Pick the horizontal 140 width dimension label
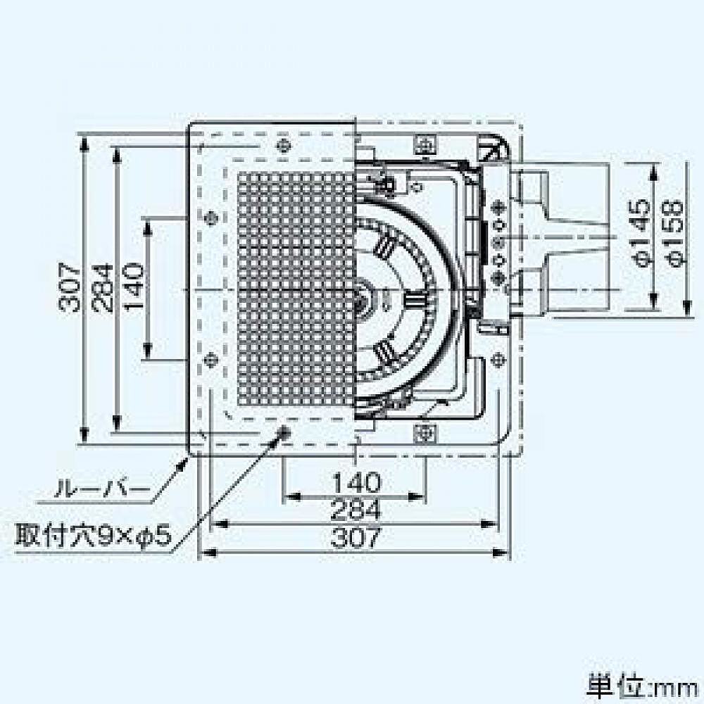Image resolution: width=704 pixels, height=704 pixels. point(356,483)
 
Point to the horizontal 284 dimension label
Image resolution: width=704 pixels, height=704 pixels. point(356,509)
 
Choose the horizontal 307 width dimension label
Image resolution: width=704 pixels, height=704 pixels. point(356,538)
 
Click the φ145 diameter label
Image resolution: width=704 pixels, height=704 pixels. point(642,233)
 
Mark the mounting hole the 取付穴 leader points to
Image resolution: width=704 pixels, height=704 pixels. point(284,433)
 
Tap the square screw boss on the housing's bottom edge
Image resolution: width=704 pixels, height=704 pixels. point(425,431)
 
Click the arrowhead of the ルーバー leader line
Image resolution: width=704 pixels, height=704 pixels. point(185,458)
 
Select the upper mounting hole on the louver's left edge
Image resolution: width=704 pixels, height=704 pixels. point(209,218)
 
